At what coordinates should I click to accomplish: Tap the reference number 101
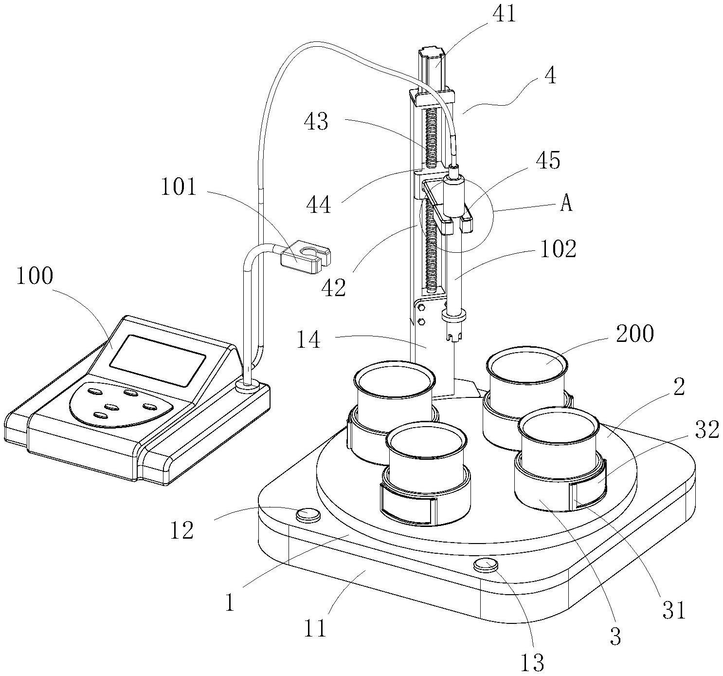pyautogui.click(x=179, y=187)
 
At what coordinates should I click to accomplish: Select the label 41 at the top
pyautogui.click(x=504, y=15)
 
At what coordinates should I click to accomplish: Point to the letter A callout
pyautogui.click(x=566, y=204)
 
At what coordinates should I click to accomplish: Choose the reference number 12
pyautogui.click(x=182, y=530)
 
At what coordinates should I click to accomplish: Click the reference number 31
pyautogui.click(x=674, y=610)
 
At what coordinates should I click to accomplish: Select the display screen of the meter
pyautogui.click(x=157, y=360)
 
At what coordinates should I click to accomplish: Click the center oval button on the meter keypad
pyautogui.click(x=112, y=406)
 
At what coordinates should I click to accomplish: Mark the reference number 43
pyautogui.click(x=317, y=121)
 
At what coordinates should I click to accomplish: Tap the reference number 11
pyautogui.click(x=315, y=629)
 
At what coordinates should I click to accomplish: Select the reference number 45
pyautogui.click(x=548, y=160)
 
